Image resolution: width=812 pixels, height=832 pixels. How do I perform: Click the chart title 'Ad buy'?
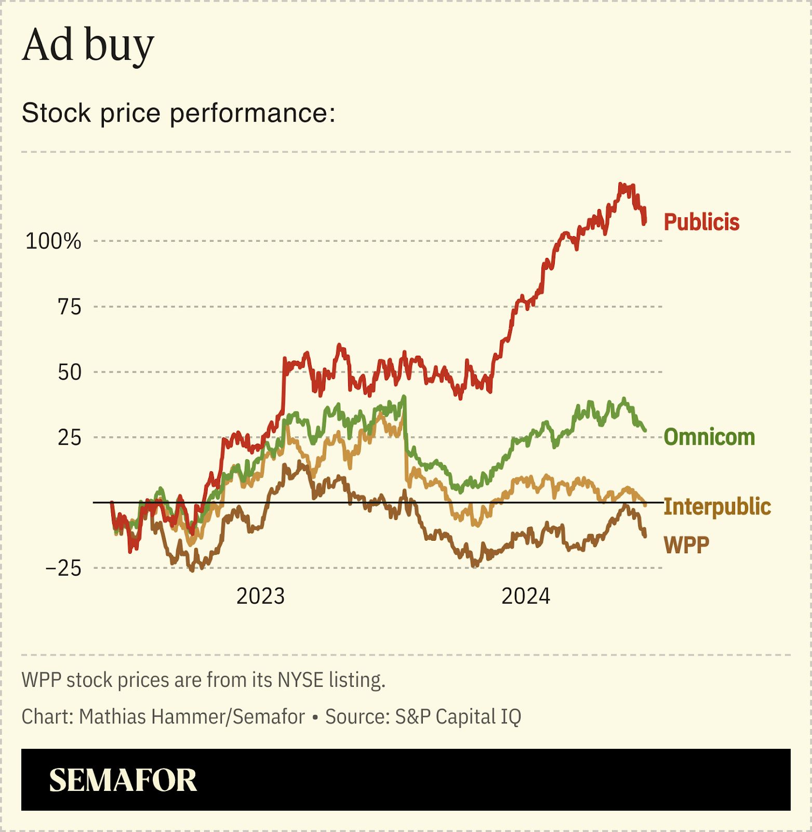point(88,46)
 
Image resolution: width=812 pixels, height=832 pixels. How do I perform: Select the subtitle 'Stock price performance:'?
point(179,113)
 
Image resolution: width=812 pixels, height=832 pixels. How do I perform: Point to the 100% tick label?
point(54,241)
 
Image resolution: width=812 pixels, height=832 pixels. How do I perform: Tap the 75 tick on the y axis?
point(70,307)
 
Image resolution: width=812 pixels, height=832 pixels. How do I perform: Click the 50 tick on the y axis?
point(70,372)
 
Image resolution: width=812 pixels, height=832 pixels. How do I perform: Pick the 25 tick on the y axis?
point(70,437)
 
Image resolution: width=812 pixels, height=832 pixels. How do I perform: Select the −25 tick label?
point(63,568)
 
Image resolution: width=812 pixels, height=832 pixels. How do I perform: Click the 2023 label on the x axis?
point(260,596)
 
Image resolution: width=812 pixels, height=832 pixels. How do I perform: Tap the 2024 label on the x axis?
point(525,596)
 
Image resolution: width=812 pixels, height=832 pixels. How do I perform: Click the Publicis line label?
point(701,222)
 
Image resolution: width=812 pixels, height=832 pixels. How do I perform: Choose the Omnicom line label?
point(709,437)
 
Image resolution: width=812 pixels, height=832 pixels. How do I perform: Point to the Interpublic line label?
point(717,506)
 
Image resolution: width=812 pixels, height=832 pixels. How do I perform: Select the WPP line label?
point(686,545)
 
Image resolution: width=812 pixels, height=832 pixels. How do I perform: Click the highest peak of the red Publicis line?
point(620,185)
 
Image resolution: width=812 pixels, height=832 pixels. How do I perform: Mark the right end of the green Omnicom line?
point(645,430)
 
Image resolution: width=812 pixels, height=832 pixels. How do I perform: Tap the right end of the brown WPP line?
point(645,536)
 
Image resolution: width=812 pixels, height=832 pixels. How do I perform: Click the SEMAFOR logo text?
point(123,780)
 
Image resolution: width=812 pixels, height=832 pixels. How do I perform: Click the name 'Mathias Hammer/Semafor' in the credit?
point(192,717)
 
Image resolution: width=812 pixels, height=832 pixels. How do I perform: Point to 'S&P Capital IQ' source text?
point(458,717)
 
